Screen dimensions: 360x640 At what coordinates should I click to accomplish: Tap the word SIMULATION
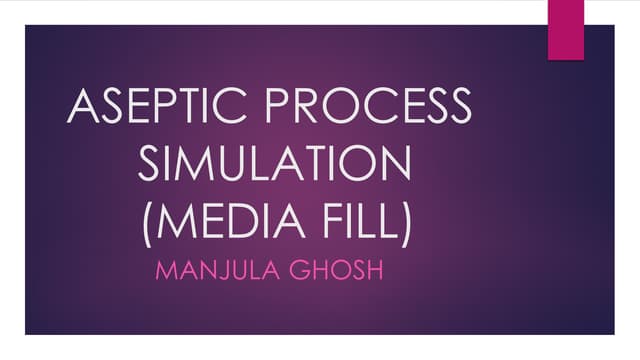[275, 164]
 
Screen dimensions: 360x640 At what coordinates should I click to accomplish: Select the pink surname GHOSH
[335, 270]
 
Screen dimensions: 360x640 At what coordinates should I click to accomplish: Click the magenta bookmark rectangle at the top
[565, 27]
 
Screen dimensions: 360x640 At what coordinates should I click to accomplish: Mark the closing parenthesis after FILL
[404, 222]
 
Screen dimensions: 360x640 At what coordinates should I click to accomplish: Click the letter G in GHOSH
[298, 270]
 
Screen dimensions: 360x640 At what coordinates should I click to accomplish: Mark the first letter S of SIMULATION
[149, 164]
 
